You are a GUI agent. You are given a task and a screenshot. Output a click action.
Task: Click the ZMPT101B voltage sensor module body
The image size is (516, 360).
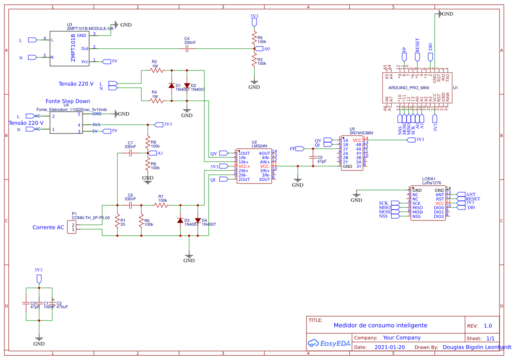pos(70,49)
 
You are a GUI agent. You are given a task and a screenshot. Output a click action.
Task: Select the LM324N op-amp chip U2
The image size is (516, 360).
pos(254,166)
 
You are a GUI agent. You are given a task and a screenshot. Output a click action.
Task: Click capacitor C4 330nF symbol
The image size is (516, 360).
pos(187,49)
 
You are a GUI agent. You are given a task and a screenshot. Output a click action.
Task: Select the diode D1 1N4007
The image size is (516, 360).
pos(172,85)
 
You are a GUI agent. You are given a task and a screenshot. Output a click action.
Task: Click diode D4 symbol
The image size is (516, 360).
pos(198,220)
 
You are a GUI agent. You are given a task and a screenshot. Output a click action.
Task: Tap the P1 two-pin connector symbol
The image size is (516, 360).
pos(72,226)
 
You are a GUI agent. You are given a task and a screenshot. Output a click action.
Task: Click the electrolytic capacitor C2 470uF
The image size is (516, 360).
pos(52,303)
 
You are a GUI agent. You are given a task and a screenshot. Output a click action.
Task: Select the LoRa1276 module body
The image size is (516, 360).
pos(428,203)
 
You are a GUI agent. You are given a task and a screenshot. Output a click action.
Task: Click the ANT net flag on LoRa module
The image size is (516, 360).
pos(459,194)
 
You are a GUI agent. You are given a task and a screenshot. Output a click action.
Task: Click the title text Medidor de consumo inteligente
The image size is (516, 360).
pos(380,325)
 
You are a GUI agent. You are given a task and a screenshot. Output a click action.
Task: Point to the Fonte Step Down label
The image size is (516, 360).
pos(68,101)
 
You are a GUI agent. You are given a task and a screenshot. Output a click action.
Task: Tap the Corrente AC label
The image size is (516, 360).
pos(48,227)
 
